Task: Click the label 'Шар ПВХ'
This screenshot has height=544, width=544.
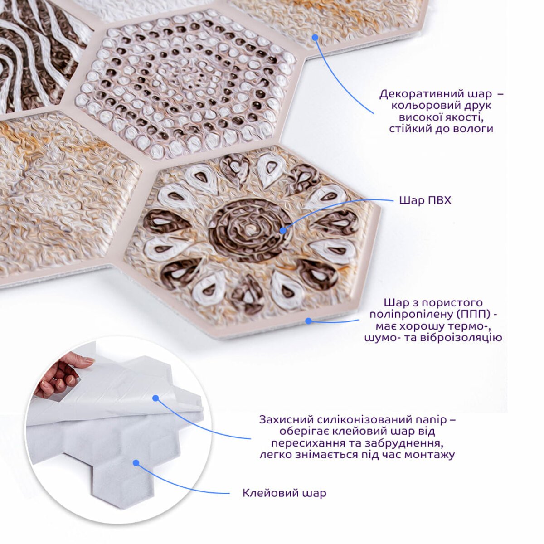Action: (425, 200)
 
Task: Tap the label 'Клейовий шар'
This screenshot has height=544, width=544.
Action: (284, 493)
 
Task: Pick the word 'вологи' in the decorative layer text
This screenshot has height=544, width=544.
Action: (473, 129)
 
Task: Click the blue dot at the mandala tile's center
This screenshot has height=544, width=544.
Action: (282, 231)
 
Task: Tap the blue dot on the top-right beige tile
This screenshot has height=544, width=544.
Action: (315, 37)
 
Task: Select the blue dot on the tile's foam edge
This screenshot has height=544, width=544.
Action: (309, 321)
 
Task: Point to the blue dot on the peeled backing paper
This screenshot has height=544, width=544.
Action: (155, 398)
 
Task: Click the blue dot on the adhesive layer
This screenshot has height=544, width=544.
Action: (136, 463)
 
